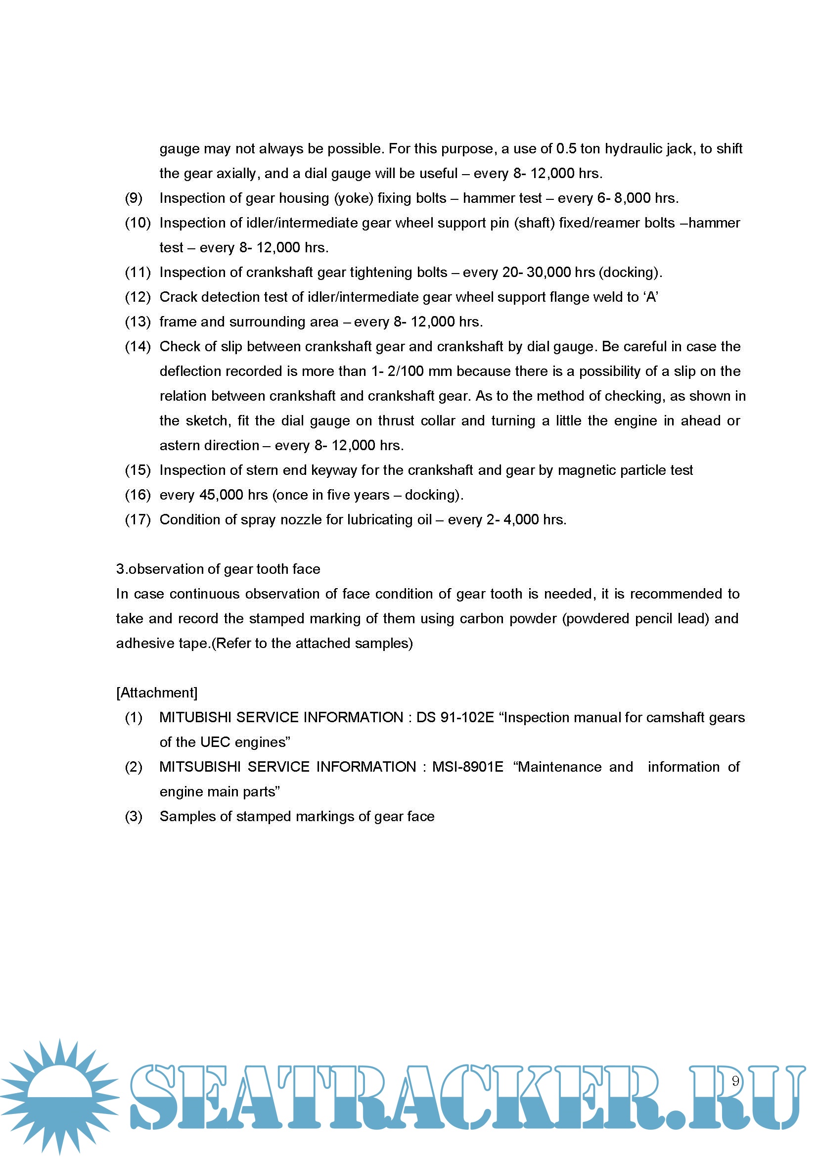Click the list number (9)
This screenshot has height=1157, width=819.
click(134, 198)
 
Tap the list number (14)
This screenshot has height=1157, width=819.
click(137, 346)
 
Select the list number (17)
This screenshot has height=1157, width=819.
click(137, 519)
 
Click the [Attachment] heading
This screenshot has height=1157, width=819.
click(157, 693)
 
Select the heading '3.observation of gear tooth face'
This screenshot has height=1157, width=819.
click(218, 569)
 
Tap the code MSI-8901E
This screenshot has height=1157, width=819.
click(467, 767)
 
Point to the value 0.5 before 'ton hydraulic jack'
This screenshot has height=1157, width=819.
click(566, 149)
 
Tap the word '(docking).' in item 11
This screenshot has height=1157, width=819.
click(631, 273)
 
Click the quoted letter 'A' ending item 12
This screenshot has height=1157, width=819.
click(651, 297)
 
